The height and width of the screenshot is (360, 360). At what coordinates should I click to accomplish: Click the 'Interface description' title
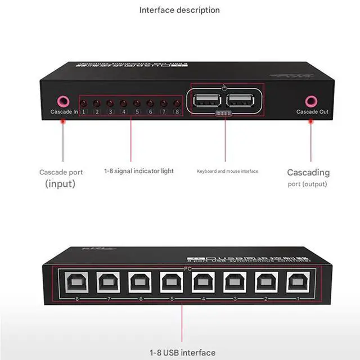(179, 10)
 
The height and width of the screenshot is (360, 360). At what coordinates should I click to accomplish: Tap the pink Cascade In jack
(64, 101)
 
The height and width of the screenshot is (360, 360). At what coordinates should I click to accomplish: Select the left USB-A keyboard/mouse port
(207, 101)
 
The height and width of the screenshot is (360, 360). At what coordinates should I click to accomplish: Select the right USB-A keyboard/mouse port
(240, 101)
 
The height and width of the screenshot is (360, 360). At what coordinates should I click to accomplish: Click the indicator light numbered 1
(83, 103)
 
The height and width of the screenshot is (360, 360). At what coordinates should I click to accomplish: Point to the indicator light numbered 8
(177, 103)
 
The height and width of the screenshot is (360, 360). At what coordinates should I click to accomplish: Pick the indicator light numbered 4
(123, 103)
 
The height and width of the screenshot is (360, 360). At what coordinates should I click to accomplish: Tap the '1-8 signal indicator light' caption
(139, 171)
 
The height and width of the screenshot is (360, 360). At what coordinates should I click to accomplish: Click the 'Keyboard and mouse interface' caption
(227, 171)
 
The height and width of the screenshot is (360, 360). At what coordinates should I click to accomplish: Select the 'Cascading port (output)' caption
(308, 178)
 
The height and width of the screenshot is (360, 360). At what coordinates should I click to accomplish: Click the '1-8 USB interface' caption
(182, 353)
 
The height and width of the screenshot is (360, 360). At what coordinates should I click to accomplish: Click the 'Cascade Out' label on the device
(312, 112)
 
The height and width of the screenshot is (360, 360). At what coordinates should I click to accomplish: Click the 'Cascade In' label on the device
(64, 112)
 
